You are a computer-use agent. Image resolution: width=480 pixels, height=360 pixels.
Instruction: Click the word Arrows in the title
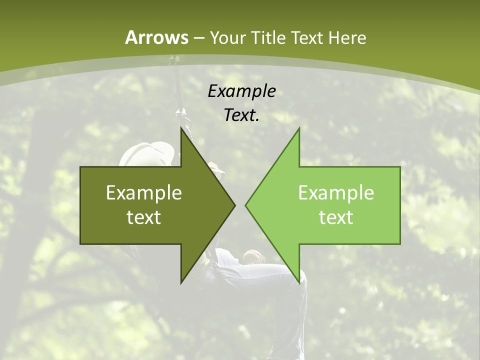[x=156, y=37]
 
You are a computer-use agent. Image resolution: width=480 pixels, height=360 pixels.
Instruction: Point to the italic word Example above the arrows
[x=241, y=91]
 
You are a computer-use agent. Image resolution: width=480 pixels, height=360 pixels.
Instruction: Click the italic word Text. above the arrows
[x=241, y=115]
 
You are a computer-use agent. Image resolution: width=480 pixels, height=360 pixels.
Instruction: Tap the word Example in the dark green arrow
[x=144, y=193]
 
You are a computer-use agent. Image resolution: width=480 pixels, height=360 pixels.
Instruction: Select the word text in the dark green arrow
[x=144, y=217]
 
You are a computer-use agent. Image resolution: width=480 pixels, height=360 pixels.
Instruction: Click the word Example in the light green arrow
[x=336, y=193]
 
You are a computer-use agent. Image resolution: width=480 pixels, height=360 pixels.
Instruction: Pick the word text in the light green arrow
[x=336, y=217]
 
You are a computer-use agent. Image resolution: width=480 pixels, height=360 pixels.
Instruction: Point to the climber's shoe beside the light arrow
[x=254, y=257]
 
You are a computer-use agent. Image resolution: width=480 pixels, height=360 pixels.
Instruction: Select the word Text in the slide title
[x=306, y=38]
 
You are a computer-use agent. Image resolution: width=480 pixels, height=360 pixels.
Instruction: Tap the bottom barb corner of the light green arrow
[x=299, y=281]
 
